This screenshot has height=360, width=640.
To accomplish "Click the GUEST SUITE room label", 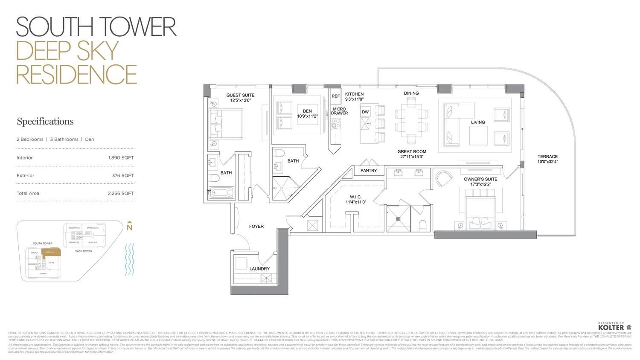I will pos(240,95).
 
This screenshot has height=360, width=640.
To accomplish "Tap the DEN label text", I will pos(307,111).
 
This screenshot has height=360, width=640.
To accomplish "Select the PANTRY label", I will pos(369,171).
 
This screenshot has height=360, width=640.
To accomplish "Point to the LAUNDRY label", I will pos(259,269).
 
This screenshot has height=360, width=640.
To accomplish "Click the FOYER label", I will pos(256,226).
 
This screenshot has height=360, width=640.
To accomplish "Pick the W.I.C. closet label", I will pos(355,197).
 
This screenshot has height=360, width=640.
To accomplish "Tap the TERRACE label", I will pos(547,157).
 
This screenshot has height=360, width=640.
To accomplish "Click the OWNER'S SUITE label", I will pos(480,179).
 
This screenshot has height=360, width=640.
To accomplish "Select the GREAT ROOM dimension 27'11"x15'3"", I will pos(412,157).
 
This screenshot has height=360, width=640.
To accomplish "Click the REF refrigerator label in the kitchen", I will pos(336,96).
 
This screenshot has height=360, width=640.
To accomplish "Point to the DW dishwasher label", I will pos(365,112).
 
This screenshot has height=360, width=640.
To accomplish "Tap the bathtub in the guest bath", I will pos(221,193).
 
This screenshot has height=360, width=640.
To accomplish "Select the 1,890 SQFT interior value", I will pos(121,158).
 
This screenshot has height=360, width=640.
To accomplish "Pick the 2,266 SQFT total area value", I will pos(121,194).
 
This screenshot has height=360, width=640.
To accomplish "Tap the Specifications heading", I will pos(45,122).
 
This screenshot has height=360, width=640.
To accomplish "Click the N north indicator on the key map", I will pos(130,227).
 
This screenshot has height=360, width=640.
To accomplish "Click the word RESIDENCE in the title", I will pos(77,74).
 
